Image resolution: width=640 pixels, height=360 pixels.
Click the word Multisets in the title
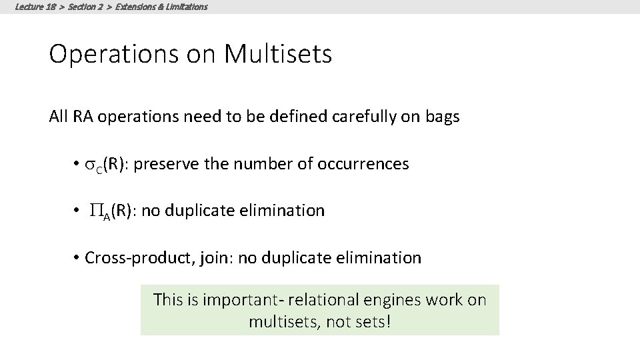[x=278, y=54]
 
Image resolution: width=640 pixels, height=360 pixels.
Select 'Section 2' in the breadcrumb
[x=89, y=7]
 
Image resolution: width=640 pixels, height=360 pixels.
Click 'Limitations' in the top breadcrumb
[x=184, y=7]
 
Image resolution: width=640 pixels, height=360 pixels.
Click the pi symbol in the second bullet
[x=95, y=211]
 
